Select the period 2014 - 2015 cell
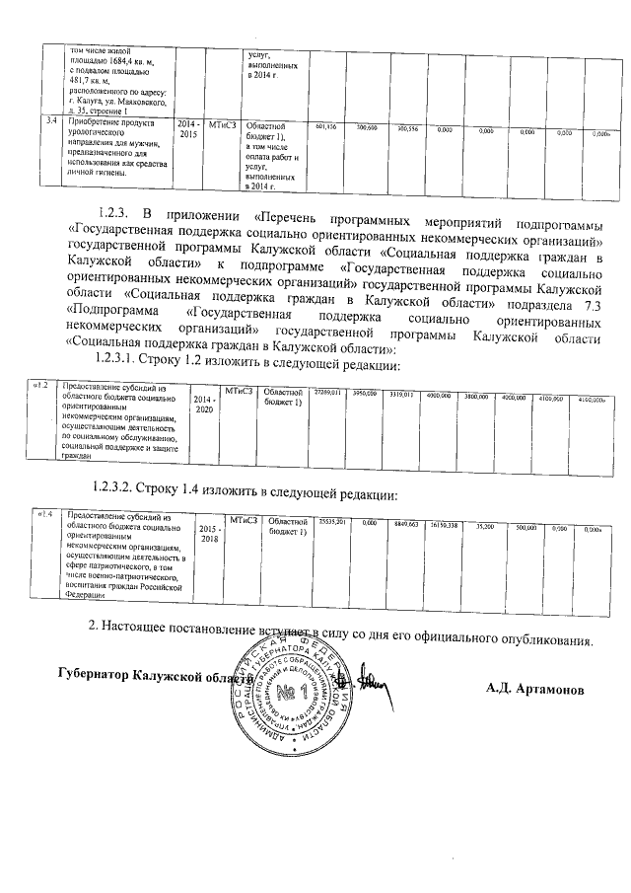(188, 132)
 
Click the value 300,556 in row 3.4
(407, 128)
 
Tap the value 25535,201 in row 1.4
(334, 520)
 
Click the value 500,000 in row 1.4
(526, 527)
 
